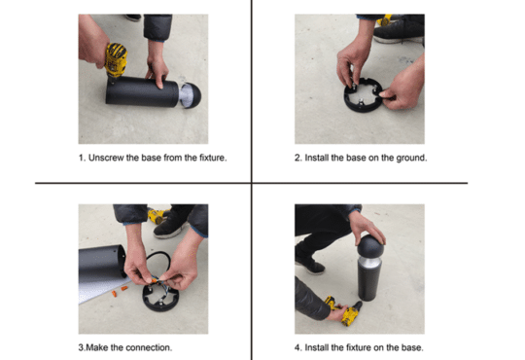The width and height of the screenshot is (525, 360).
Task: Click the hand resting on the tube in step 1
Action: point(156,70)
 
